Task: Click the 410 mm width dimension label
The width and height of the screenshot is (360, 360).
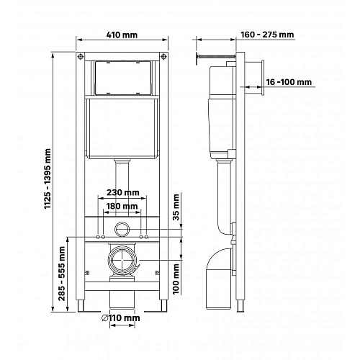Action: [x=122, y=35]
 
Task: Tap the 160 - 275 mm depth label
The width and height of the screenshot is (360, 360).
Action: [x=267, y=35]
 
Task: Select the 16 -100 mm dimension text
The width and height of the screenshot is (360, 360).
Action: [x=289, y=82]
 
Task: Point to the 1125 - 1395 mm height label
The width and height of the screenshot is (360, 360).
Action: [x=48, y=179]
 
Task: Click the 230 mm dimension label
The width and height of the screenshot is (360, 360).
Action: [x=123, y=192]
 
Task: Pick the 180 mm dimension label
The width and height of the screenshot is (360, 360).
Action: [x=122, y=206]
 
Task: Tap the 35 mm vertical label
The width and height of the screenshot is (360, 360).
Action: [x=176, y=207]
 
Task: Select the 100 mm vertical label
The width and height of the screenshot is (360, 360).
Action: [x=176, y=279]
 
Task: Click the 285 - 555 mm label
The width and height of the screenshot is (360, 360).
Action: [x=62, y=274]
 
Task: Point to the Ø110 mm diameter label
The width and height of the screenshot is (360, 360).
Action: [x=121, y=318]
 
